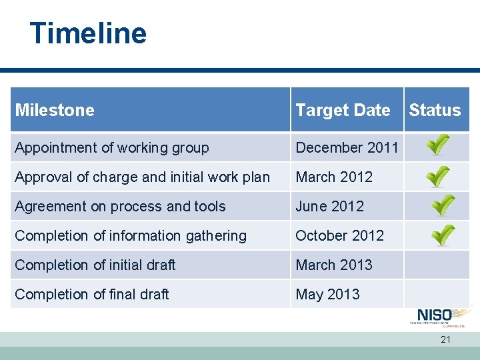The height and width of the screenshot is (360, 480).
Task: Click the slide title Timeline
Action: point(88,33)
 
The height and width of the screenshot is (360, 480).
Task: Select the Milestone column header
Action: point(55,110)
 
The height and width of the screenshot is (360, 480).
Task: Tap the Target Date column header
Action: point(343,110)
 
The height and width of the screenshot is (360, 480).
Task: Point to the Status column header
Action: point(435,110)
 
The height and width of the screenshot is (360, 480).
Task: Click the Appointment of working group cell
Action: point(112,147)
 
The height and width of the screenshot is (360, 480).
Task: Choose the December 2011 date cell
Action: point(347,147)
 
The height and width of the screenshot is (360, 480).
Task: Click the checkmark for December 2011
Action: point(438,145)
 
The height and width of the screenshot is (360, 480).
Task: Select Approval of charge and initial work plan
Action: point(142,177)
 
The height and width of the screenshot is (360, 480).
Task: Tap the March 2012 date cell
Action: point(334,177)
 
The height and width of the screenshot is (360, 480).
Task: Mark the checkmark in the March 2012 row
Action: point(438,175)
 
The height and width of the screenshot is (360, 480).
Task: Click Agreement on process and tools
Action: point(120,206)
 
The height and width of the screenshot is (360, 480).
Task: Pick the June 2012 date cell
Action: point(329,206)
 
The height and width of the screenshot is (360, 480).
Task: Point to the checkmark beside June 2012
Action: point(441,205)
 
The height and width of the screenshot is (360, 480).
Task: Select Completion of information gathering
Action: point(131,235)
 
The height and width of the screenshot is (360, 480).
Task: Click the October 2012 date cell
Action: point(339,235)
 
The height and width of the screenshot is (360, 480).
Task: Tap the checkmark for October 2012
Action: point(441,235)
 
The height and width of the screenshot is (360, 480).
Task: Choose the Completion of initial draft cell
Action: point(95,265)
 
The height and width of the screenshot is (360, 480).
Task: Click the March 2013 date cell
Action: point(334,265)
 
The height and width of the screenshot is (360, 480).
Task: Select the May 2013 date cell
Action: point(327,294)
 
